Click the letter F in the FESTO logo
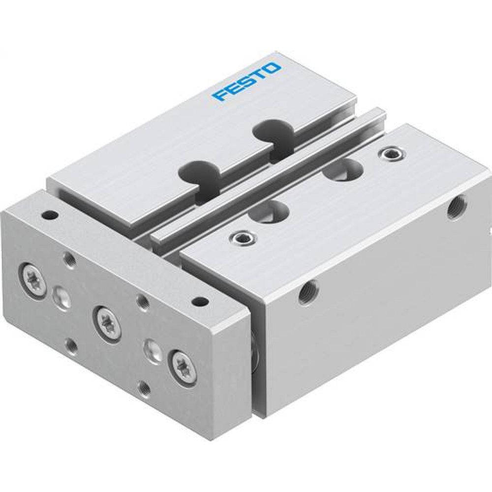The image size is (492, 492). click(x=219, y=93)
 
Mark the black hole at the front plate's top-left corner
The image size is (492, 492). click(x=48, y=215)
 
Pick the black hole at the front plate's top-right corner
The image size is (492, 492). click(x=199, y=301)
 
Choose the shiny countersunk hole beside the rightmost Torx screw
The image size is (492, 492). click(x=150, y=350)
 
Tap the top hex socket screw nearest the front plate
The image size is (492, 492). click(x=241, y=238)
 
